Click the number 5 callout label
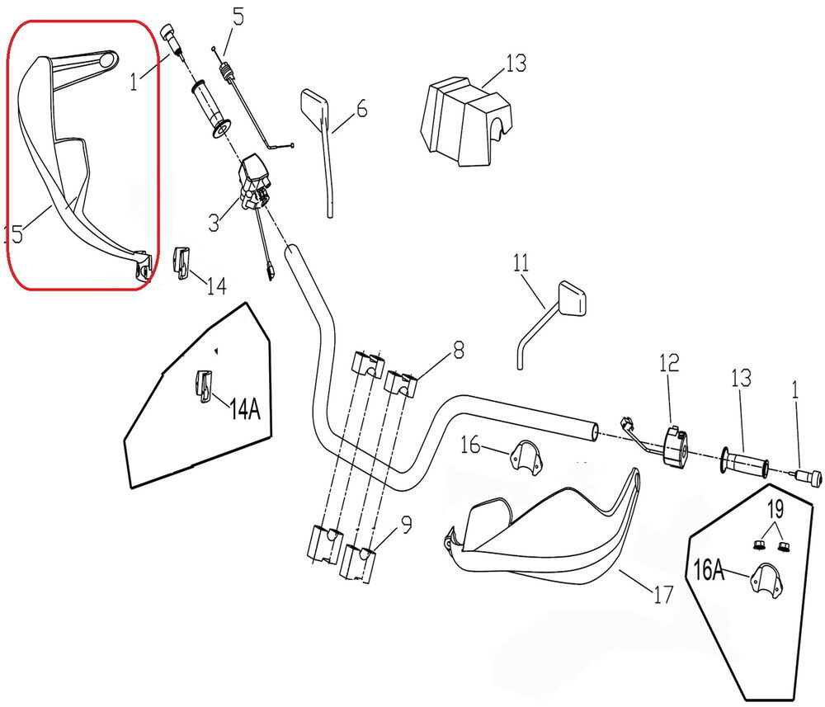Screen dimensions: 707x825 tap(238, 17)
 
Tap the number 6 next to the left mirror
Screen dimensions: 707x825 tap(361, 107)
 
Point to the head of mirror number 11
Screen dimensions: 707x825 tap(573, 298)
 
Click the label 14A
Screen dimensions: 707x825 tap(245, 408)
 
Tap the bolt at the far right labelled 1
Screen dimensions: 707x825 tap(806, 476)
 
